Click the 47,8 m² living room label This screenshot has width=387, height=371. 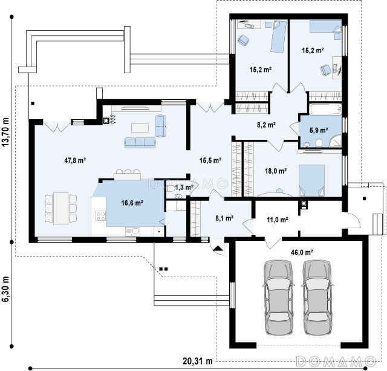tap(75, 160)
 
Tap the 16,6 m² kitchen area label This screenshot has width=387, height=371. tap(132, 203)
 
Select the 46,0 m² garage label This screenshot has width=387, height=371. tap(302, 252)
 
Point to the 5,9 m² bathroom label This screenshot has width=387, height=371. tap(319, 130)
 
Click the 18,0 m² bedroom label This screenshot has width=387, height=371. tap(276, 171)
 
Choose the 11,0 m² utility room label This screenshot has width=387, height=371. tap(278, 219)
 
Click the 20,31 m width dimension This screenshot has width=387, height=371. tap(198, 361)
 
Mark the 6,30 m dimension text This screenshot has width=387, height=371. tap(5, 289)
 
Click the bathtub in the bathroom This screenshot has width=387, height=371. tap(325, 109)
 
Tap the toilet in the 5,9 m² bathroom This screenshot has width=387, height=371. tap(319, 143)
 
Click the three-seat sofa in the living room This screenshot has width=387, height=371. tap(140, 143)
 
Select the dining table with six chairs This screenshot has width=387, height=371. tap(60, 209)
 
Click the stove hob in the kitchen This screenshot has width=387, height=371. tap(100, 215)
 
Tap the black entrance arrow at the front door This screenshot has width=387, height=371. tap(218, 249)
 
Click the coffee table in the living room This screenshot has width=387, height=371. tap(140, 128)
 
